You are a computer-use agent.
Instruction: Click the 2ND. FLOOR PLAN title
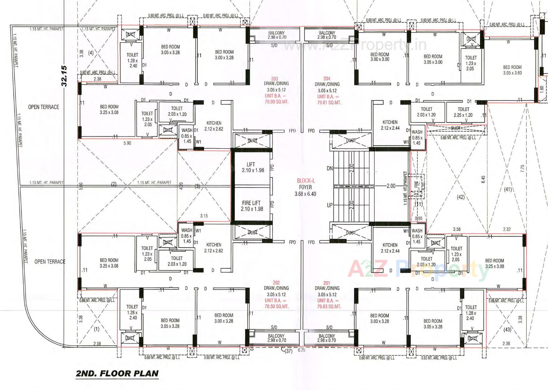117,373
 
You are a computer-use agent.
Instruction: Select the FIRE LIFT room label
251,206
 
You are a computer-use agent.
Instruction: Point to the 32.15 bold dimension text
64,76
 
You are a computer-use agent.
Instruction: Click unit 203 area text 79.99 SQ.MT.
276,102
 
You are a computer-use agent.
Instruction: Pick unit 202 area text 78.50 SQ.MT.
276,306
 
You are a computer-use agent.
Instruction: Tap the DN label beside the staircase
330,168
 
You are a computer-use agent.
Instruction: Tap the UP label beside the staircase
330,205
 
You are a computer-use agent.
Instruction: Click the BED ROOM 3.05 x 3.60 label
512,70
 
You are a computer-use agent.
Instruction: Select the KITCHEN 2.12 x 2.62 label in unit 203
214,126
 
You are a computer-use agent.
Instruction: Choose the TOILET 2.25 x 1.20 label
463,112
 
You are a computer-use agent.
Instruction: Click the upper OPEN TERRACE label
43,107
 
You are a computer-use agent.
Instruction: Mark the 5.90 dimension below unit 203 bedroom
127,143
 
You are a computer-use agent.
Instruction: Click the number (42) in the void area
461,197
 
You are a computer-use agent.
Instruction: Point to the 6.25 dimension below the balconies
301,350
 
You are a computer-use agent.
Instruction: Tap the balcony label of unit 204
327,35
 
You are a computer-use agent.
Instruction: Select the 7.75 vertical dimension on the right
522,168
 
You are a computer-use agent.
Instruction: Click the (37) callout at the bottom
289,351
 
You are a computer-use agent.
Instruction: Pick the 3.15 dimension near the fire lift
204,216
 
